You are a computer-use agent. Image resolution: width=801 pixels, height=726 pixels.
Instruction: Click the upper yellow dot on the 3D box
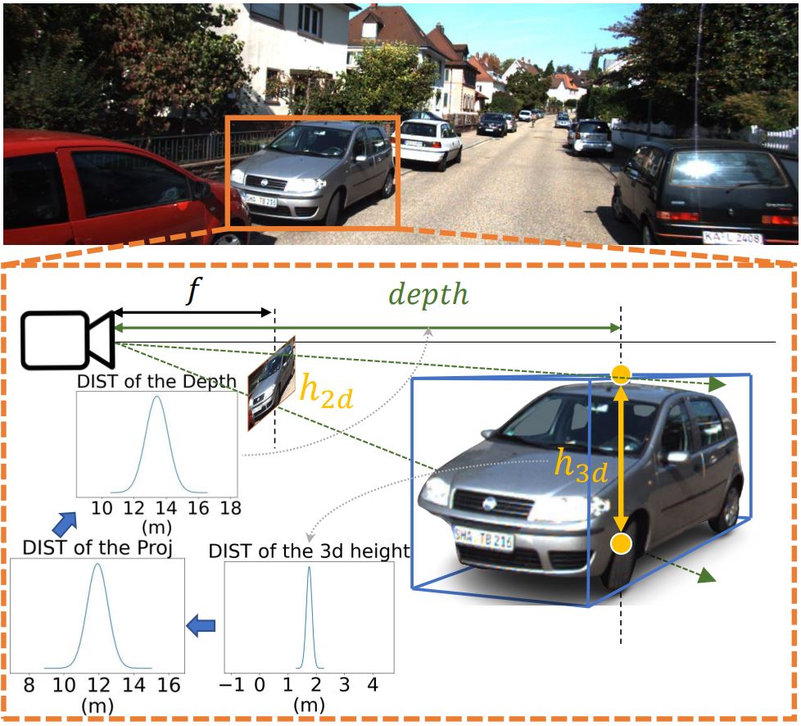[621, 375]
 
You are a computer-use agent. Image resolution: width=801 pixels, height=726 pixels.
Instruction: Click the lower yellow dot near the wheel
[621, 542]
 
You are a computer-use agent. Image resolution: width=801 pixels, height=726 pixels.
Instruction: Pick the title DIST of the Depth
[157, 381]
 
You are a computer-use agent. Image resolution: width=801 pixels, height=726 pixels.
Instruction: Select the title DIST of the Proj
[97, 547]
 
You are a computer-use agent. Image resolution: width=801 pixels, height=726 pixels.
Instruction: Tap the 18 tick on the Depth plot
[230, 508]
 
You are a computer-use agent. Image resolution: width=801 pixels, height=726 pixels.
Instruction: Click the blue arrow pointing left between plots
[201, 626]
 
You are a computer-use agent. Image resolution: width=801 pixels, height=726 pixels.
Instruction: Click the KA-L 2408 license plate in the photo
[732, 238]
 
